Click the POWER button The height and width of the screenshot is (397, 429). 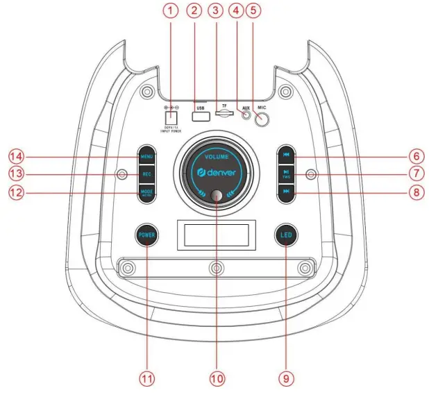(146, 235)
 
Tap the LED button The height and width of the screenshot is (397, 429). (285, 235)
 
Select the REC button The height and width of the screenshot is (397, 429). (146, 173)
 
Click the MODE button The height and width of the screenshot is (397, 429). (146, 192)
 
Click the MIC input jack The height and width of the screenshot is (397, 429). (263, 119)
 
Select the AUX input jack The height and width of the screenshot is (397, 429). (245, 116)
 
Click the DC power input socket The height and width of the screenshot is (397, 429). (170, 119)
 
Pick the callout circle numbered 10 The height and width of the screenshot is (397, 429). (217, 378)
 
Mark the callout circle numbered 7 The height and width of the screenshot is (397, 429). (416, 173)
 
